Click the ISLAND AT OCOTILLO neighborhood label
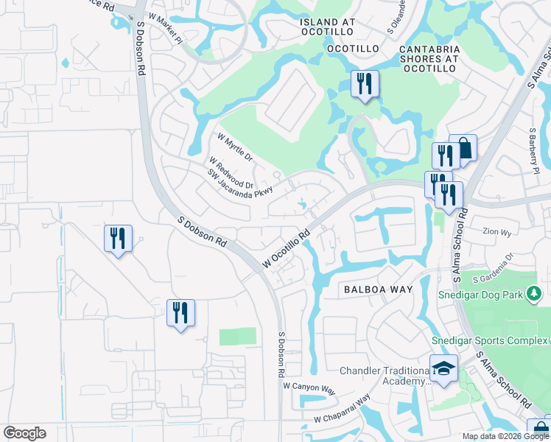328,22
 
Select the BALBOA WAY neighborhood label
378,290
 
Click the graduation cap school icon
443,369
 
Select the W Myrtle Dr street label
235,147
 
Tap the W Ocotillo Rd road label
286,248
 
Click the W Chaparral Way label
340,411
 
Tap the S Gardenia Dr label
498,272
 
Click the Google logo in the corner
24,432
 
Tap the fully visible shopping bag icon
463,148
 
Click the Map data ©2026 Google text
506,436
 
